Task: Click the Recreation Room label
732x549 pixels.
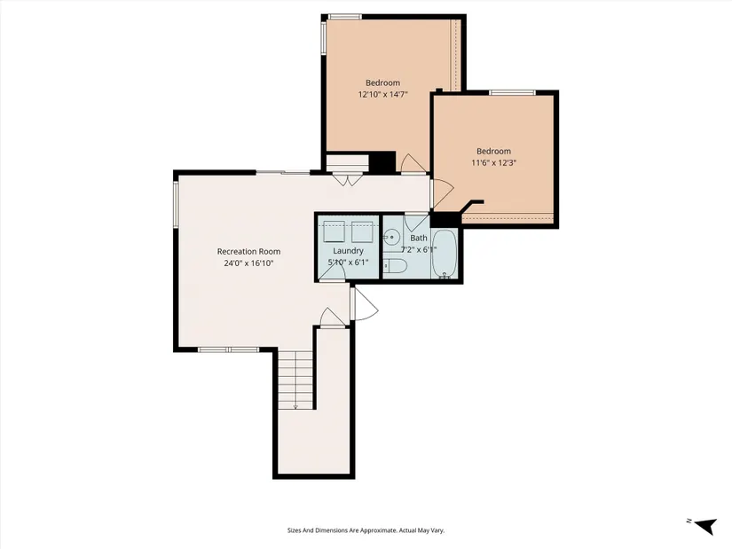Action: pyautogui.click(x=248, y=252)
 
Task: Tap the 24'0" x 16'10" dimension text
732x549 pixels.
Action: pyautogui.click(x=248, y=263)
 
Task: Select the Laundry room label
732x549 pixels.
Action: pyautogui.click(x=349, y=251)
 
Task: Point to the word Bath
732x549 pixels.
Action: pyautogui.click(x=419, y=238)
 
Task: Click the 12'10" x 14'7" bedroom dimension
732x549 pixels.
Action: pyautogui.click(x=382, y=95)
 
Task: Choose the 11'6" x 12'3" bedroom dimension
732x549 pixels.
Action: pyautogui.click(x=494, y=163)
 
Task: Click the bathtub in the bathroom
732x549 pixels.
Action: pyautogui.click(x=443, y=254)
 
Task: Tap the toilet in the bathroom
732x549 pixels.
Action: pyautogui.click(x=396, y=265)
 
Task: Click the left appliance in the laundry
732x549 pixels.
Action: pyautogui.click(x=334, y=231)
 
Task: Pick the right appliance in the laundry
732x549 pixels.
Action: pyautogui.click(x=362, y=231)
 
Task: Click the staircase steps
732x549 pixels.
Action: pyautogui.click(x=295, y=379)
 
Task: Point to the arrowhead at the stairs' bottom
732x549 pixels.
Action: pyautogui.click(x=295, y=407)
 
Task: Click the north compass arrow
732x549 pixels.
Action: pyautogui.click(x=705, y=526)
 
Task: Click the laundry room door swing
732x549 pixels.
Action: pyautogui.click(x=333, y=272)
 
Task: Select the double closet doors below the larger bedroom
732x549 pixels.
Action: pyautogui.click(x=347, y=180)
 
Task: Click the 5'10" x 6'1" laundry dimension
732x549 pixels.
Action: pyautogui.click(x=349, y=263)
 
